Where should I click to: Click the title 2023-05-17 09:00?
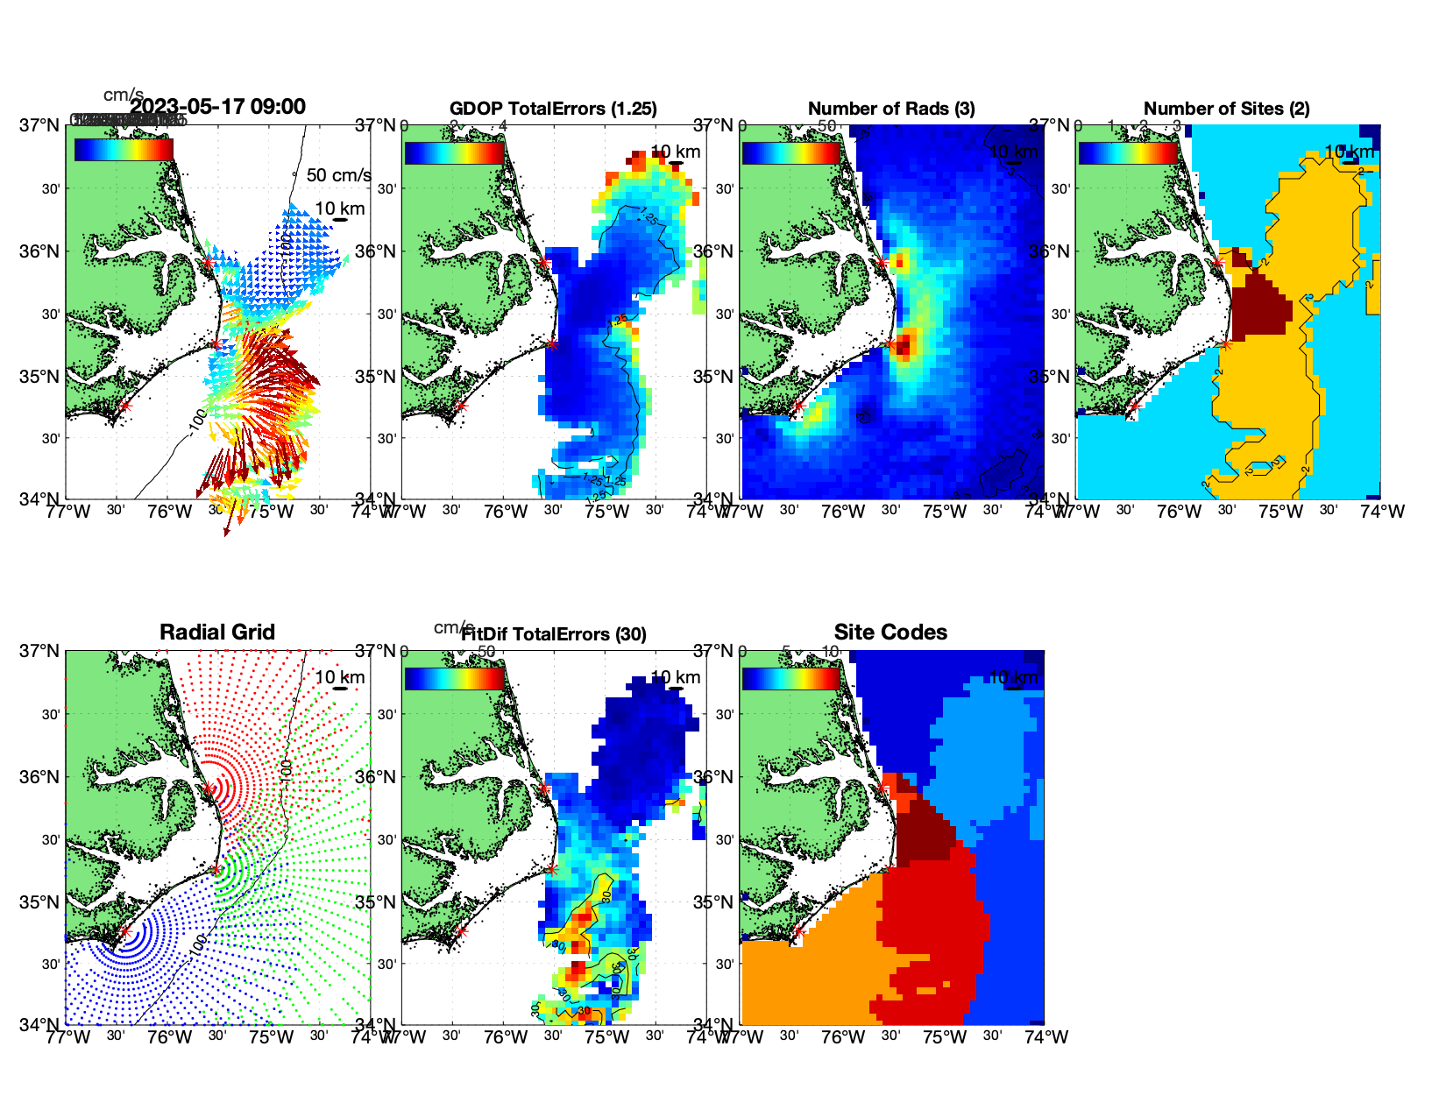pyautogui.click(x=218, y=107)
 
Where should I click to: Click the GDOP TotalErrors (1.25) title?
pyautogui.click(x=553, y=109)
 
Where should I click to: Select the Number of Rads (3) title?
pyautogui.click(x=890, y=109)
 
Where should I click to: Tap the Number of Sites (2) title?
pyautogui.click(x=1226, y=109)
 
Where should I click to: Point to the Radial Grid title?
pyautogui.click(x=217, y=633)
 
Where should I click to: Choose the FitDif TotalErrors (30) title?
pyautogui.click(x=554, y=634)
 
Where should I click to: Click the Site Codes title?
pyautogui.click(x=890, y=633)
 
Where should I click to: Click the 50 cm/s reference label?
pyautogui.click(x=338, y=175)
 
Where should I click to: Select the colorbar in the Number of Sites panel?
pyautogui.click(x=1128, y=152)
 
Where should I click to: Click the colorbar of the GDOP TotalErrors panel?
pyautogui.click(x=454, y=152)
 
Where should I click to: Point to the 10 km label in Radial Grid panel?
pyautogui.click(x=339, y=677)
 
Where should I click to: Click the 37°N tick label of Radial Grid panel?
pyautogui.click(x=40, y=651)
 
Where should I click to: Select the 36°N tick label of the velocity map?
pyautogui.click(x=40, y=251)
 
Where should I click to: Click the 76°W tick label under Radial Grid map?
pyautogui.click(x=169, y=1037)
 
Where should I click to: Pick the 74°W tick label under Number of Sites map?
pyautogui.click(x=1382, y=512)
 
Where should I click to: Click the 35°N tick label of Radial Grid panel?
pyautogui.click(x=40, y=902)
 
